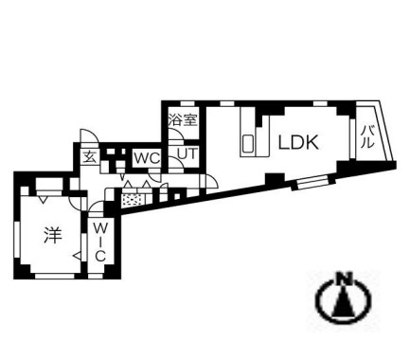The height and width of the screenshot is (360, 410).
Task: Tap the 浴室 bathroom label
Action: tap(182, 120)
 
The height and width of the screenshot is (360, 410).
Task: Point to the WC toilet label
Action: tap(146, 156)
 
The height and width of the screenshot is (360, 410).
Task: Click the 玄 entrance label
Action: tap(88, 158)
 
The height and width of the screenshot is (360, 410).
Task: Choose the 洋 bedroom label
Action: tap(52, 234)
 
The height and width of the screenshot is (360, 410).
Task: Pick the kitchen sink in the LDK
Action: tap(248, 145)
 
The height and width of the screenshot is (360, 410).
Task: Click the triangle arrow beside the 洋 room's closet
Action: tap(77, 254)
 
